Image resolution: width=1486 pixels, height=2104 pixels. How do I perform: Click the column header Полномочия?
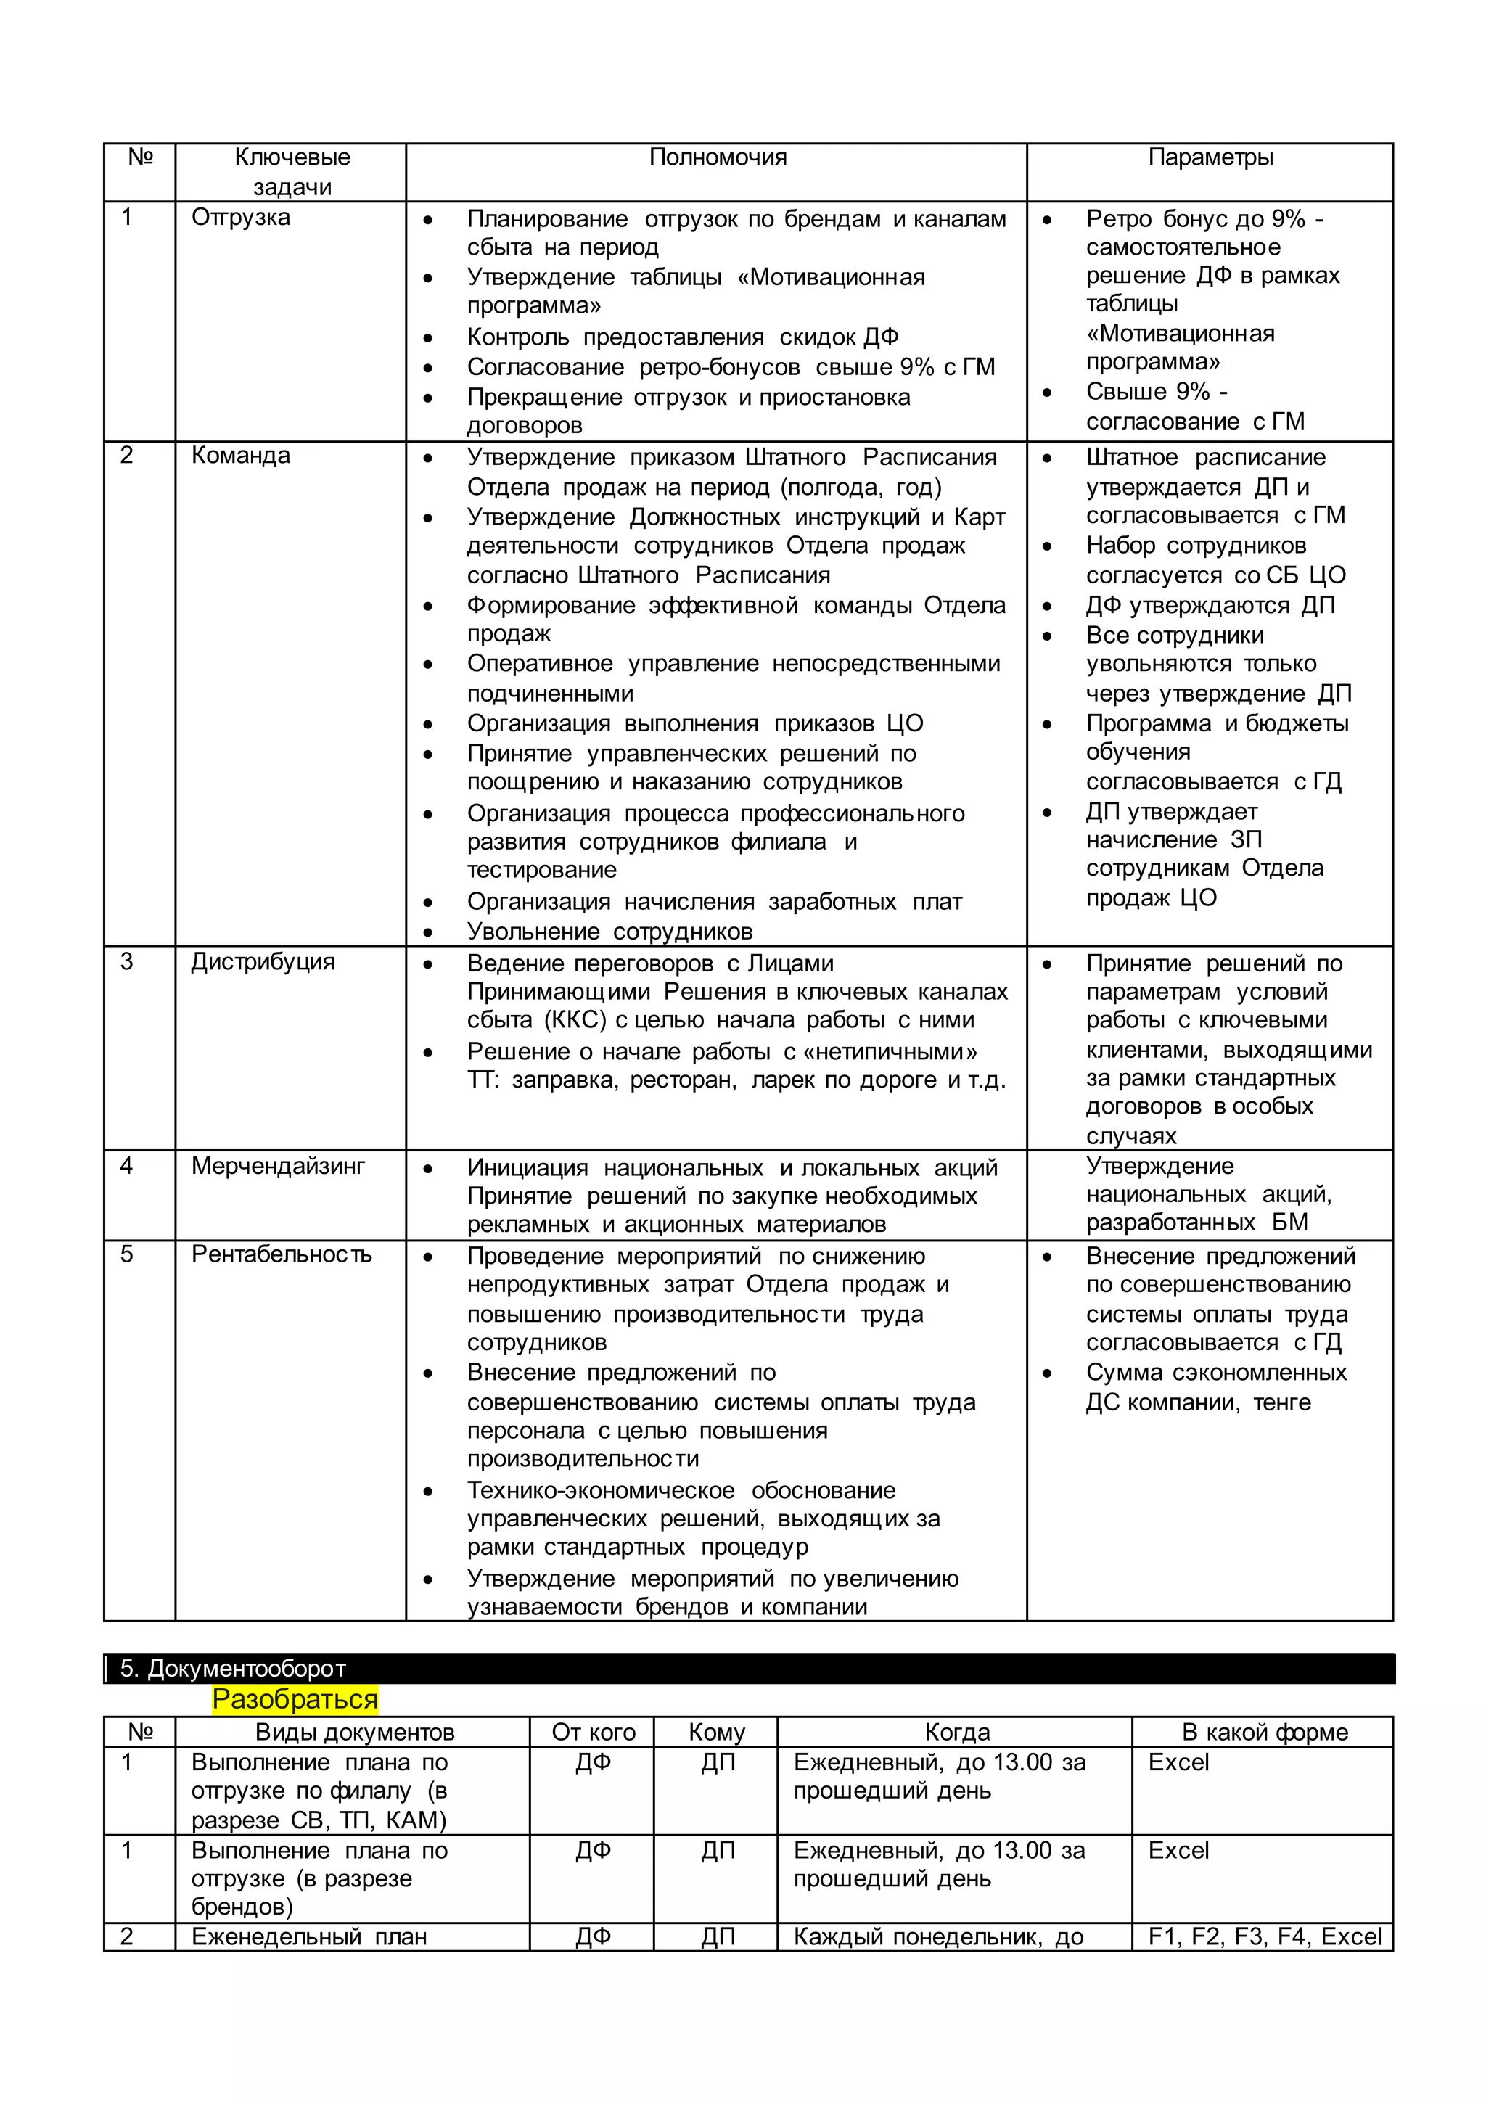coord(717,157)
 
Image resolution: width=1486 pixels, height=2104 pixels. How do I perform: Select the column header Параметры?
coord(1210,157)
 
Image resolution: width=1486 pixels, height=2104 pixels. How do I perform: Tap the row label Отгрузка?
coord(240,217)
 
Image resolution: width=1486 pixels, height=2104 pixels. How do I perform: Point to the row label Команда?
coord(240,456)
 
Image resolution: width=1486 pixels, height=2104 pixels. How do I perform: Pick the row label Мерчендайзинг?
coord(278,1166)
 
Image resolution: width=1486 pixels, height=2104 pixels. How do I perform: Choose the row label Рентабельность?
coord(282,1254)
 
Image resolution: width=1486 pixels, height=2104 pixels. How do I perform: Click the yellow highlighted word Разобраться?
coord(295,1700)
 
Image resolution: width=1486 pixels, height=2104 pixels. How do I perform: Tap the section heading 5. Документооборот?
coord(233,1669)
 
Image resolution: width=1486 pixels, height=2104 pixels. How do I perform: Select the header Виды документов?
coord(355,1732)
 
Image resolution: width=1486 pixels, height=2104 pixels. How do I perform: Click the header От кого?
coord(593,1732)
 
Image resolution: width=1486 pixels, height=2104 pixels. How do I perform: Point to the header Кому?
coord(717,1732)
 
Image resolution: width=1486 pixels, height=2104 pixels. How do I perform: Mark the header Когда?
coord(957,1732)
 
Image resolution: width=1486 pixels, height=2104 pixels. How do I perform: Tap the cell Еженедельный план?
coord(309,1937)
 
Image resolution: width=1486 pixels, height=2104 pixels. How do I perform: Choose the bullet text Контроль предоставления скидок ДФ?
coord(683,337)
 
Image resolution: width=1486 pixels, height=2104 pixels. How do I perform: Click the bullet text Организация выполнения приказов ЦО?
coord(695,723)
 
